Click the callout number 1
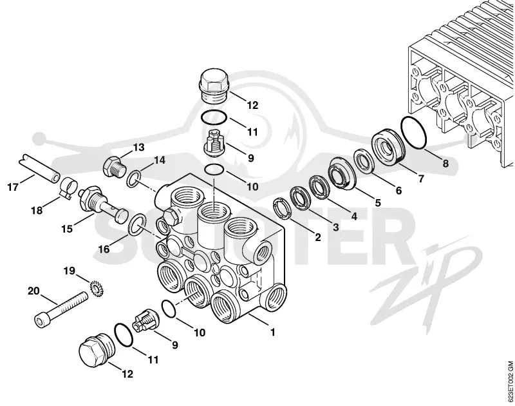[x=272, y=332]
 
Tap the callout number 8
[x=445, y=163]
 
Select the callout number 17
[x=13, y=188]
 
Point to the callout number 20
[x=33, y=291]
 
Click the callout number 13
[x=138, y=148]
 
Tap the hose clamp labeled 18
[x=68, y=188]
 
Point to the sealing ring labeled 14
[x=134, y=179]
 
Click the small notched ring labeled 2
[x=282, y=208]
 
